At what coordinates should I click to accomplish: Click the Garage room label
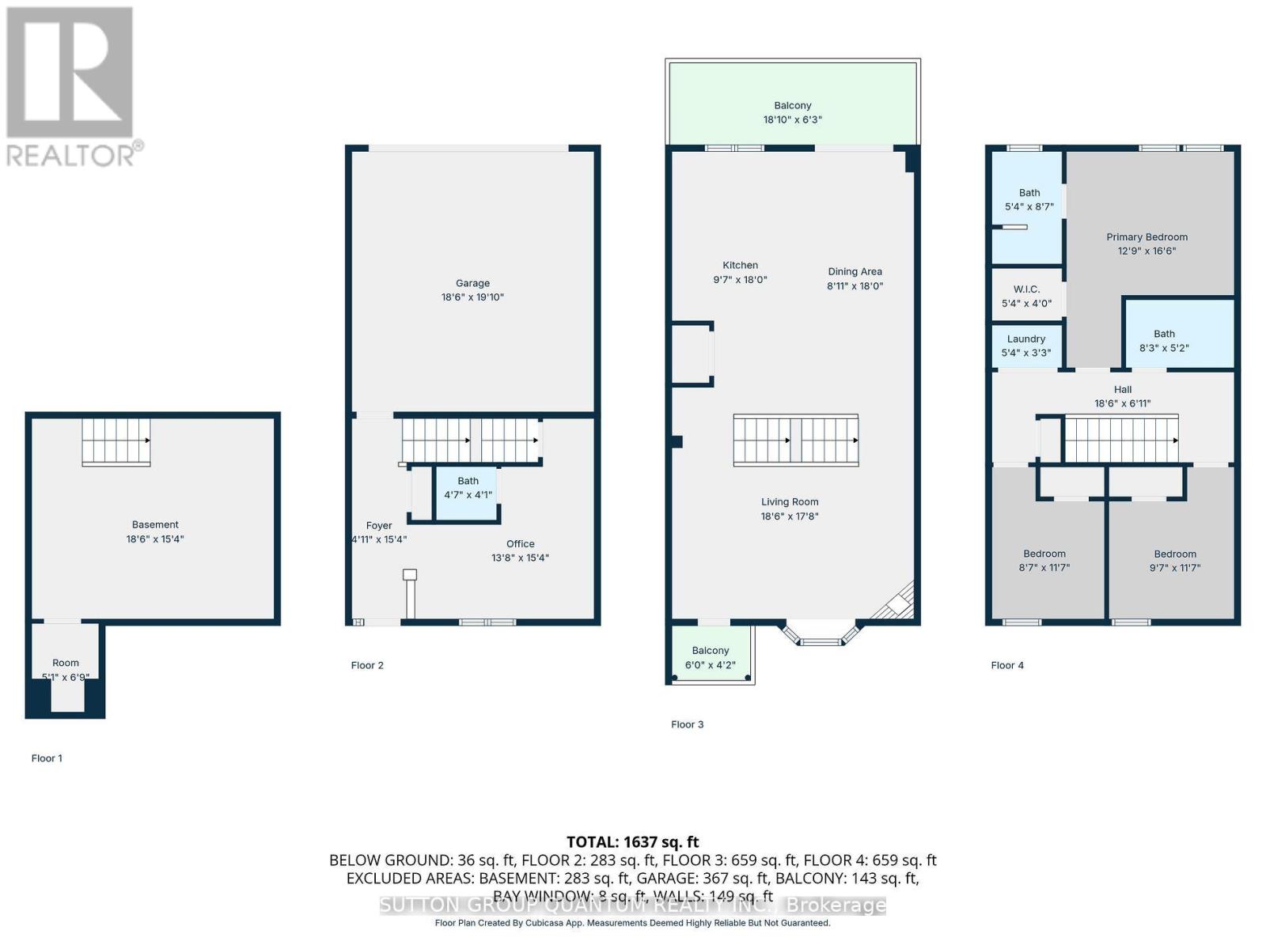(472, 283)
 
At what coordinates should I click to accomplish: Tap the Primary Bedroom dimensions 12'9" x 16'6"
(1147, 251)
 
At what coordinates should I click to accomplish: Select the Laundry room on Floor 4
(1026, 346)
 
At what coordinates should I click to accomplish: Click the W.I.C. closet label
(1026, 289)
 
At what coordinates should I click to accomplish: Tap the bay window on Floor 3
(820, 633)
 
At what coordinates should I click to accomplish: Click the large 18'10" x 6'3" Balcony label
(792, 105)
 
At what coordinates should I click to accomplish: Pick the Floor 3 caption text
(687, 724)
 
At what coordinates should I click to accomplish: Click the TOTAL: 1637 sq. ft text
(632, 842)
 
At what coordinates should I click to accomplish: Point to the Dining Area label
(855, 271)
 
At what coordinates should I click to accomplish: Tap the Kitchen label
(740, 265)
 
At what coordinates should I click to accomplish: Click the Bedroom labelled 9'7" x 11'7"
(1175, 561)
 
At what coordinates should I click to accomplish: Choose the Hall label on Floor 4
(1122, 389)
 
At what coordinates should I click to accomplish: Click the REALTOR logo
(72, 86)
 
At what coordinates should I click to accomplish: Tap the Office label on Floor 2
(520, 543)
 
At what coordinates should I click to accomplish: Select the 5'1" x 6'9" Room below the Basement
(66, 669)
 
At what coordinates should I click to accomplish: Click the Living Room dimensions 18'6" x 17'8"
(790, 516)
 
